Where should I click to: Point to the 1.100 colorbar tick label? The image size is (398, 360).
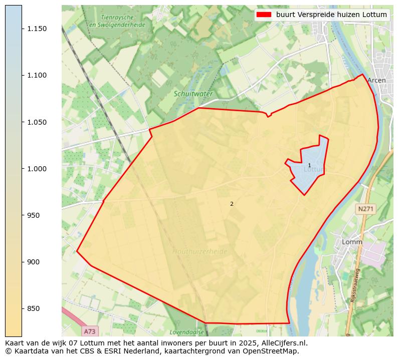37,76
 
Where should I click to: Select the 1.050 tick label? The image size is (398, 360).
37,122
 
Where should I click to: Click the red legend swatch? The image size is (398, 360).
264,15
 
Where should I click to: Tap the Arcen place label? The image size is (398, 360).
376,80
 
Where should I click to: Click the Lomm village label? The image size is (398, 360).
352,242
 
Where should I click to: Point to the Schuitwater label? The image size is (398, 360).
193,94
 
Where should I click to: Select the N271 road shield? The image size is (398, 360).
366,208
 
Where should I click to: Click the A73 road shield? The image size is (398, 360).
90,331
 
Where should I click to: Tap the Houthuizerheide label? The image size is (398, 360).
200,251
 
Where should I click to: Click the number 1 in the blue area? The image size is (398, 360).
309,165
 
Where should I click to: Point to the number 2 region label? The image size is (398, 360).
232,204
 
